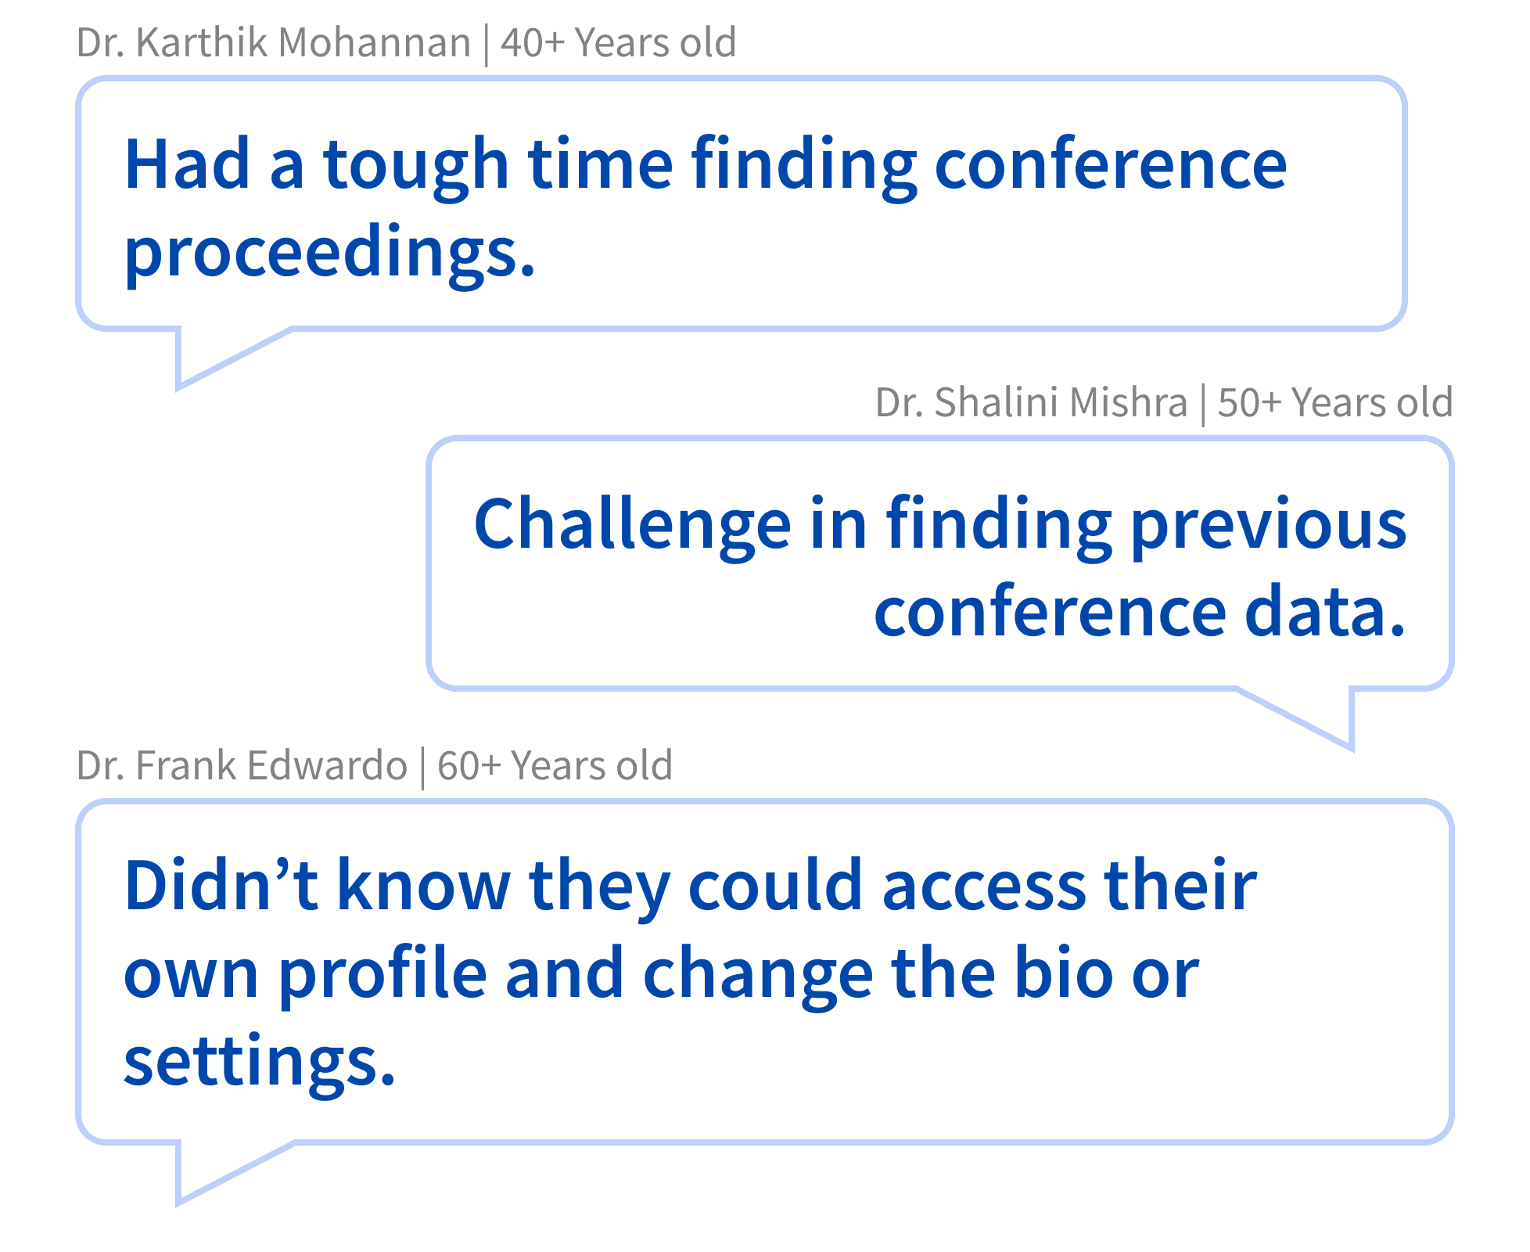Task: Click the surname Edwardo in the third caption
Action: tap(327, 765)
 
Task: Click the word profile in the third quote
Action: tap(382, 975)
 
